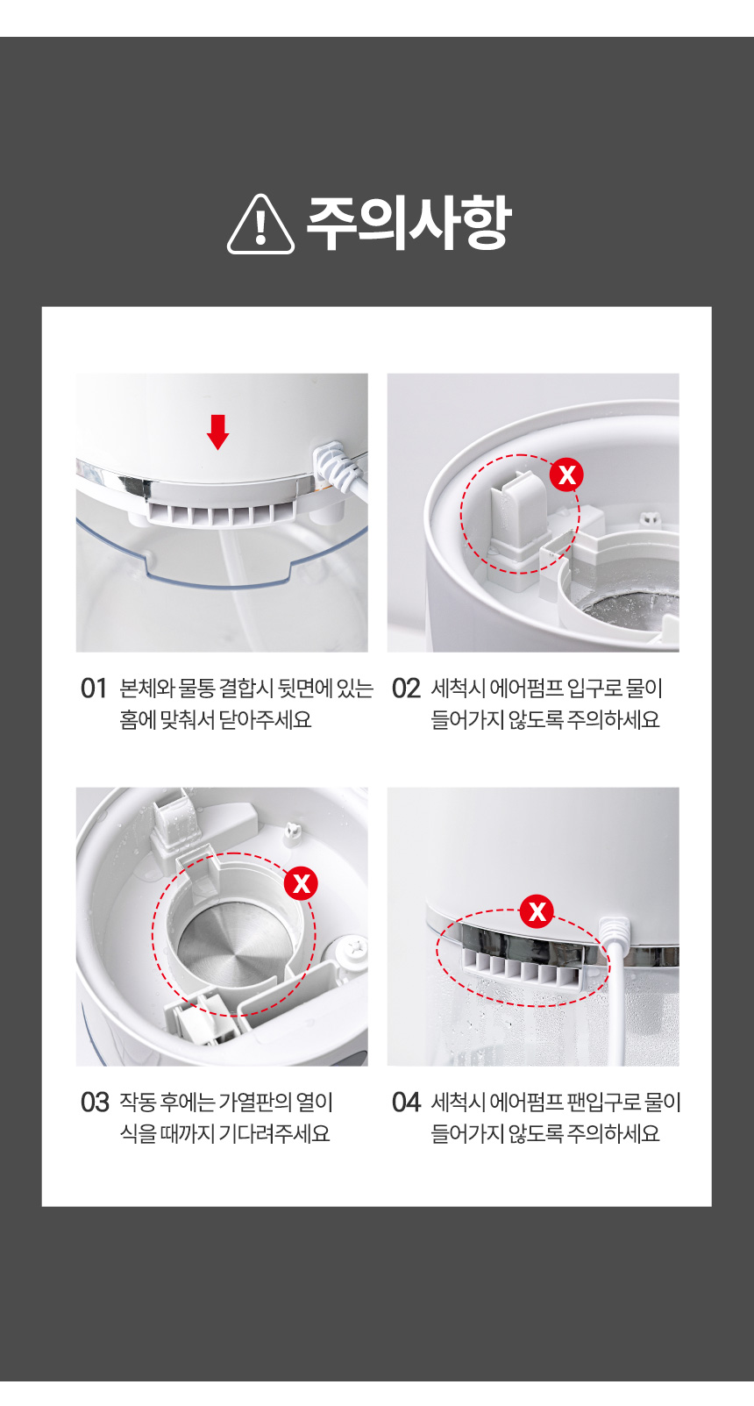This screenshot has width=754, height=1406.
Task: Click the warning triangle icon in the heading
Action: point(260,224)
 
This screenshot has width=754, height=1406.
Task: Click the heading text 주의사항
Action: point(409,223)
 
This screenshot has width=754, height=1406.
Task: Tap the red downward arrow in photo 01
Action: point(217,432)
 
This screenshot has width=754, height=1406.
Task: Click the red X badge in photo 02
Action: point(566,475)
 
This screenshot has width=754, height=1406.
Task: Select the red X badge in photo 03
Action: point(301,884)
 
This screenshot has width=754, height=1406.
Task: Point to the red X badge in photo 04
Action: point(537,911)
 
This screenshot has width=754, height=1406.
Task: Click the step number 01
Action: point(94,689)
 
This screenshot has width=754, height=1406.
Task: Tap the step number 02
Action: point(405,689)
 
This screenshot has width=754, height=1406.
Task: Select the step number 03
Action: point(94,1103)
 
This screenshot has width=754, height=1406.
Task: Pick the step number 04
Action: point(405,1103)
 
